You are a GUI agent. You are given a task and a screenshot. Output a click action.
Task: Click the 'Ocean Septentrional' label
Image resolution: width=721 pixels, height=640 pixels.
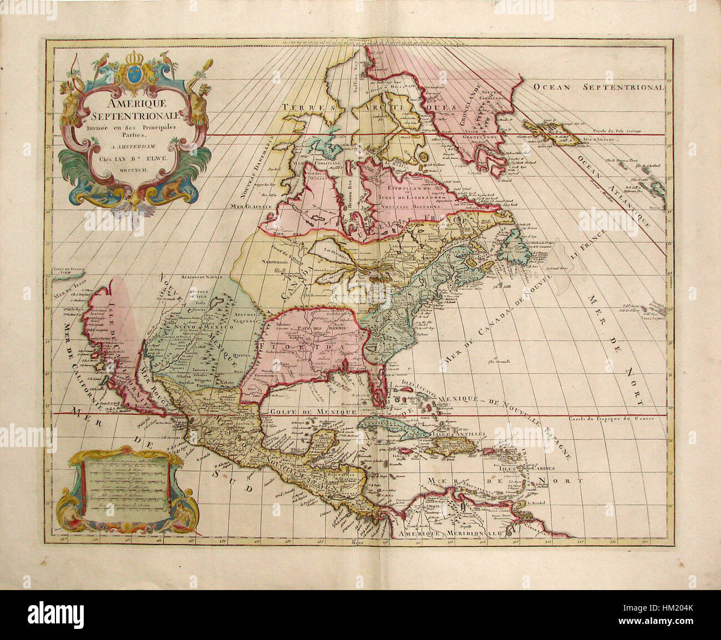pyautogui.click(x=598, y=87)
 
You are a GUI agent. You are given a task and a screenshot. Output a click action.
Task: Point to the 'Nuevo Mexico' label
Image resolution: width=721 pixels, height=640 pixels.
pyautogui.click(x=192, y=327)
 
